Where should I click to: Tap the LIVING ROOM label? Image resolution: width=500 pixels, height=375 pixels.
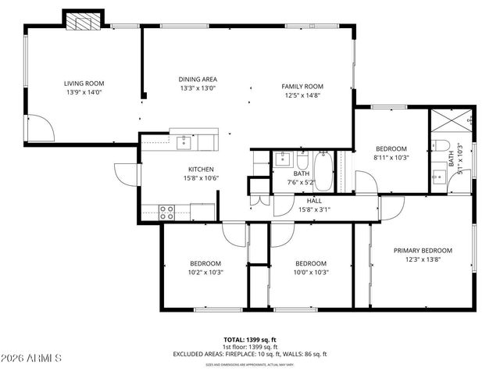[84, 84]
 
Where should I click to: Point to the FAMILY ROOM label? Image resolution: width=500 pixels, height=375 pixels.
[302, 86]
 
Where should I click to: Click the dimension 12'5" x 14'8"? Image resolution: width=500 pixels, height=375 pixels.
[302, 95]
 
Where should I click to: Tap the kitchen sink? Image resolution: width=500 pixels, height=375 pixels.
[184, 141]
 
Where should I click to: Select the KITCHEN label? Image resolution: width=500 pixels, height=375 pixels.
[201, 169]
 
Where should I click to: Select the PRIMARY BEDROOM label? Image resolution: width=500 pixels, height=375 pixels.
[423, 250]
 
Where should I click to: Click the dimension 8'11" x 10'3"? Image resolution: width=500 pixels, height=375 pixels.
[391, 158]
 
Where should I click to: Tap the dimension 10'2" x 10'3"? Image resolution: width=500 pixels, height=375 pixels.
[205, 273]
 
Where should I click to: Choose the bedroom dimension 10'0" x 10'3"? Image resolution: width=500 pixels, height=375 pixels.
[310, 273]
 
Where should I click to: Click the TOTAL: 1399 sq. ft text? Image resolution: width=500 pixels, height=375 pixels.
[249, 339]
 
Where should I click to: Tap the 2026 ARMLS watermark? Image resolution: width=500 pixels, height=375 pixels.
[32, 358]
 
